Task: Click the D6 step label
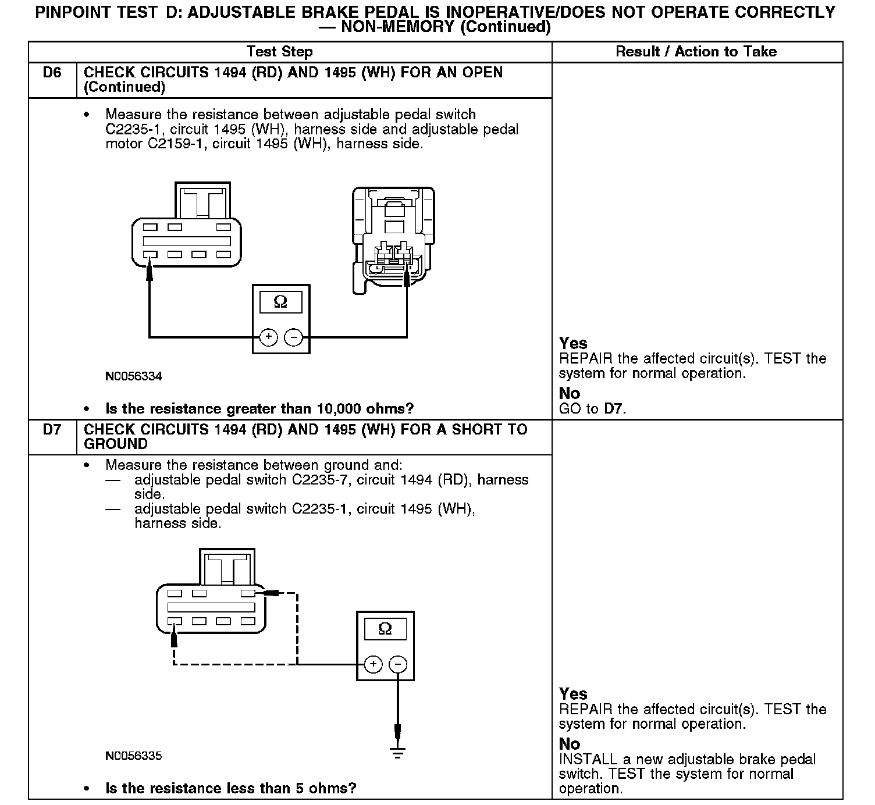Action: [x=52, y=73]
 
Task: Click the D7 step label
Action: [x=52, y=430]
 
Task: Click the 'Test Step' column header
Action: [x=279, y=52]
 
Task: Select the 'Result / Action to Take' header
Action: [x=696, y=52]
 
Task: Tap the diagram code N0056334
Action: [x=134, y=376]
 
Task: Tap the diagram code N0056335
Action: [x=134, y=756]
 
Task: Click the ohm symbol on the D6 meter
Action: [x=280, y=302]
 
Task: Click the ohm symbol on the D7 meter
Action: [x=385, y=629]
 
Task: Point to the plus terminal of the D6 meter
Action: [x=268, y=337]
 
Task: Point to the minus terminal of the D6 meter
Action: [x=294, y=337]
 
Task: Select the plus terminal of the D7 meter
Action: [x=373, y=664]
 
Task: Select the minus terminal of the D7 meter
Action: [x=398, y=664]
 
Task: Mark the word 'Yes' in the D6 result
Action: [x=573, y=343]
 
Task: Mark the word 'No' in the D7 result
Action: [x=570, y=744]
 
